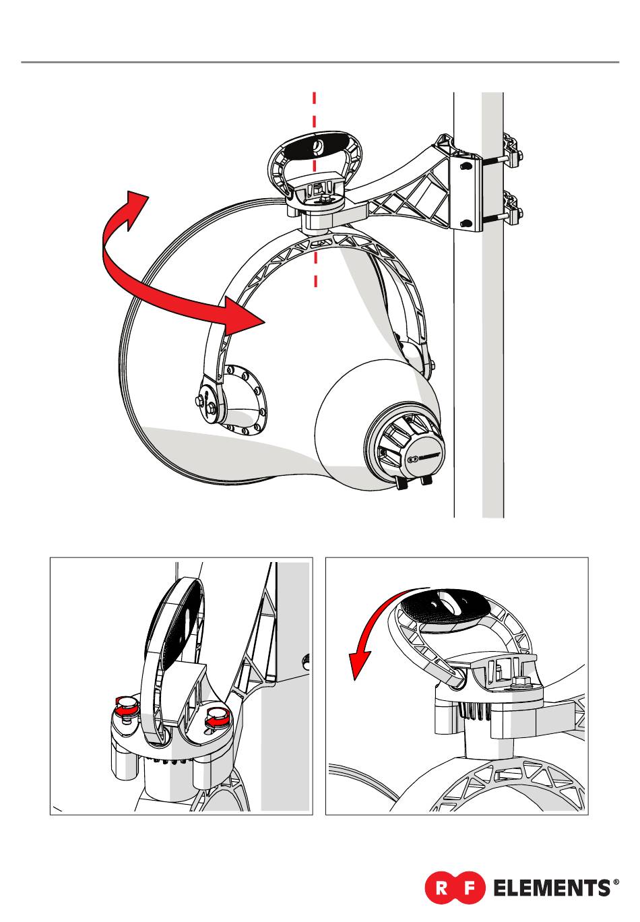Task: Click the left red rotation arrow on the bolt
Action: point(124,705)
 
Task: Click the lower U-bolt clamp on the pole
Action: point(512,210)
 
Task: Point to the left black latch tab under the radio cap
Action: point(402,484)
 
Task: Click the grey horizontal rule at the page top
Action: point(320,62)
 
